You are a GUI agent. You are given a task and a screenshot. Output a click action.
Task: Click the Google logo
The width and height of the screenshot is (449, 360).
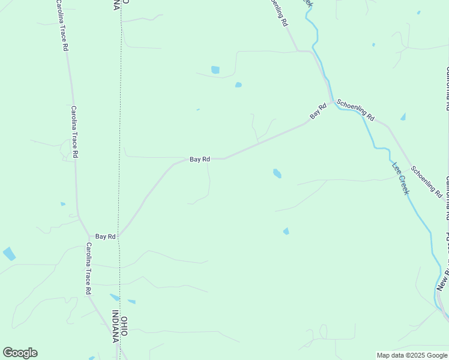(x=20, y=353)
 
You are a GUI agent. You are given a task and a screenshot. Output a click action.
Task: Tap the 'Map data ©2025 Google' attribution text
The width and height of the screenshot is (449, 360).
(x=412, y=355)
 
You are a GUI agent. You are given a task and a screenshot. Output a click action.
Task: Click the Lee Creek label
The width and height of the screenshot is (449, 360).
(x=400, y=178)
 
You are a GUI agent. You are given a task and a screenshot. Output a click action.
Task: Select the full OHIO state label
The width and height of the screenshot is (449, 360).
(x=124, y=326)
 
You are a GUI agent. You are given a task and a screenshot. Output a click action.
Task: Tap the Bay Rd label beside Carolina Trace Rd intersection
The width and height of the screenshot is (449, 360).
(x=105, y=237)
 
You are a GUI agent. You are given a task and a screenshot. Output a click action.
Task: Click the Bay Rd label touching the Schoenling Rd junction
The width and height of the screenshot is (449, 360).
(x=318, y=110)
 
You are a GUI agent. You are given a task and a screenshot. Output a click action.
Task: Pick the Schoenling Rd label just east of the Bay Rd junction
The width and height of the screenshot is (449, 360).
(x=355, y=110)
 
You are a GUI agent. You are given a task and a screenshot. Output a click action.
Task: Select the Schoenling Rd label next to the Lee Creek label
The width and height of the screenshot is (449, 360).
(x=427, y=182)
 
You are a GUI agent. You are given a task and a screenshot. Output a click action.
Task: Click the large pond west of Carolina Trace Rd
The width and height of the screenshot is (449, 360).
(x=9, y=254)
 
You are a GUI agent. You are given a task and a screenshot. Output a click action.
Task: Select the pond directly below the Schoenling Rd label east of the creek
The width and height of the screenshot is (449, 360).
(x=403, y=117)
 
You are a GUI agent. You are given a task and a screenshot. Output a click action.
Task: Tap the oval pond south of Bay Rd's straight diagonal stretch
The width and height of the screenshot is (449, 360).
(x=277, y=173)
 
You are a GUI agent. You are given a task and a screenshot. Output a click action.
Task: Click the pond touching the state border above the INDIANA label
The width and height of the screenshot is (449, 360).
(x=115, y=297)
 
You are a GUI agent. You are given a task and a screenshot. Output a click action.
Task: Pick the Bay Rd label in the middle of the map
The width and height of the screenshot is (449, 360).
(x=200, y=159)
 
